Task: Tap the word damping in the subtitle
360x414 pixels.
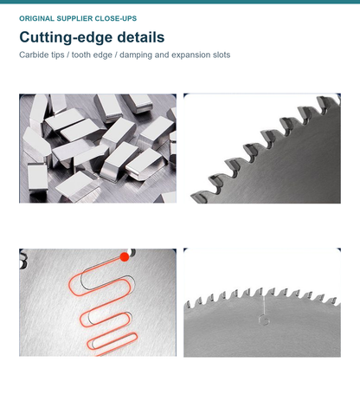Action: pos(136,55)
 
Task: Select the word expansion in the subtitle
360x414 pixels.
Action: pos(191,55)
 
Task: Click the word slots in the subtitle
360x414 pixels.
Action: pos(222,55)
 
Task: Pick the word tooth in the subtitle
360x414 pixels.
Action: pos(80,55)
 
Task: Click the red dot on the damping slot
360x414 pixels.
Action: pos(125,257)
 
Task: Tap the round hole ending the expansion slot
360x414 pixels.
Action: pos(264,320)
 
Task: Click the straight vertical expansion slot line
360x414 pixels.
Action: pos(264,306)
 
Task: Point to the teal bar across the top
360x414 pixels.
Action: pos(180,2)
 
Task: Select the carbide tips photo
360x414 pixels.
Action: pos(98,148)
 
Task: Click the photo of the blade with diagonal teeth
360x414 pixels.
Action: pos(262,148)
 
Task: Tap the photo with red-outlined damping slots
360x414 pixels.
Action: pos(98,302)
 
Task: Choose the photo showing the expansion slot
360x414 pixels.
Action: pos(262,302)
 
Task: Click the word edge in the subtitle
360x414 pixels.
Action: pos(102,55)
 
